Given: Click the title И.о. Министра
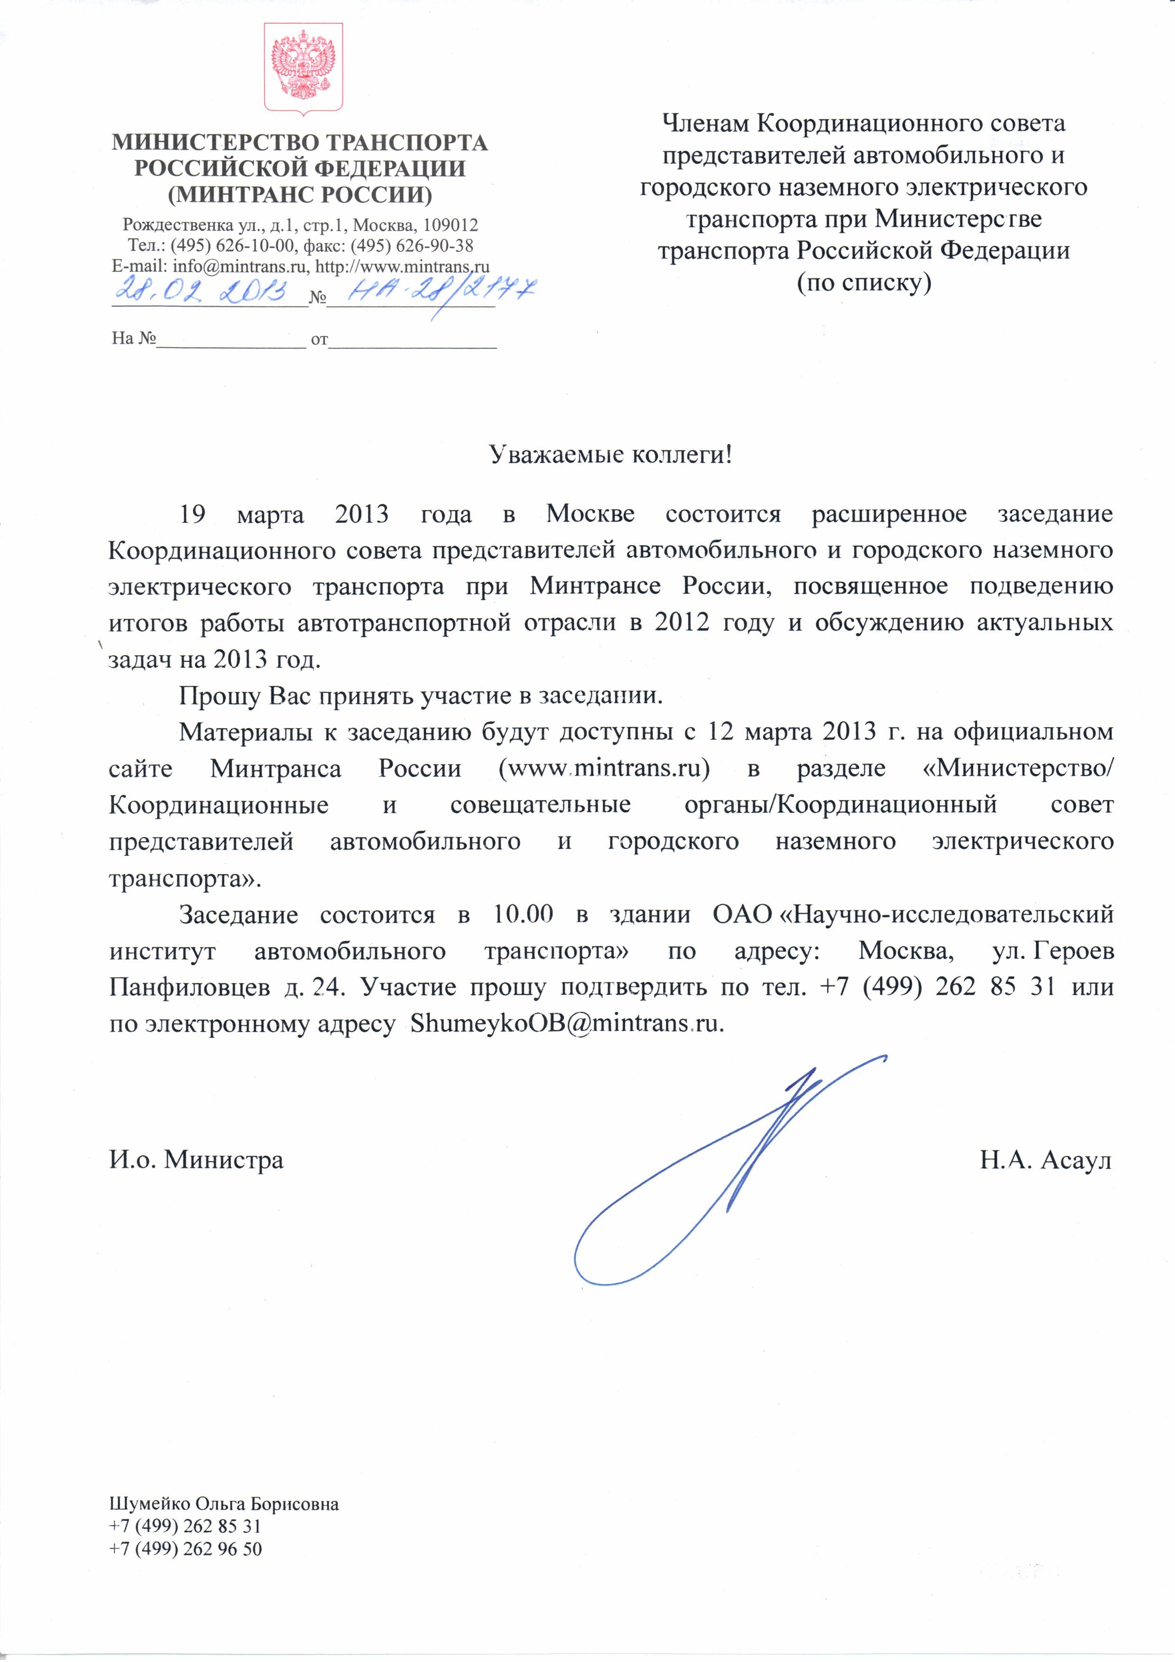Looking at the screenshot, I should point(196,1160).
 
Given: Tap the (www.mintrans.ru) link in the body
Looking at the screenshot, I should point(604,768).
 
